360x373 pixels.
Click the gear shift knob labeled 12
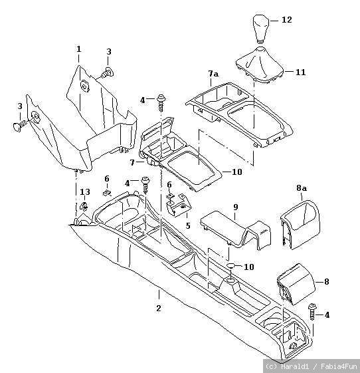pyautogui.click(x=260, y=29)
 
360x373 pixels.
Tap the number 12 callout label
pyautogui.click(x=287, y=20)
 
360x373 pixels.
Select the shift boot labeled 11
pyautogui.click(x=260, y=65)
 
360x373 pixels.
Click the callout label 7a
pyautogui.click(x=213, y=74)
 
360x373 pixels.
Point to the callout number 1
pyautogui.click(x=78, y=49)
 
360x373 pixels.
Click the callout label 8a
pyautogui.click(x=302, y=188)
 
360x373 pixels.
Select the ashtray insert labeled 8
pyautogui.click(x=296, y=284)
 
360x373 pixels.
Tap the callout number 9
pyautogui.click(x=236, y=207)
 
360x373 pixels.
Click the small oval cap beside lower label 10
pyautogui.click(x=231, y=266)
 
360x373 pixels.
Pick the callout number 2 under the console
pyautogui.click(x=159, y=308)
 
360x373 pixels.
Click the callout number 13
pyautogui.click(x=85, y=191)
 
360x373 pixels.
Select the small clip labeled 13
pyautogui.click(x=84, y=206)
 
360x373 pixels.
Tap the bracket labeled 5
pyautogui.click(x=179, y=205)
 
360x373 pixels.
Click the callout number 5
pyautogui.click(x=188, y=225)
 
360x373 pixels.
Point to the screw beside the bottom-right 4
pyautogui.click(x=312, y=312)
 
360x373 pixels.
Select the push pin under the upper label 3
pyautogui.click(x=108, y=72)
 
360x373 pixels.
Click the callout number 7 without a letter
pyautogui.click(x=132, y=163)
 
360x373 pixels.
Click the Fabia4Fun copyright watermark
pyautogui.click(x=311, y=366)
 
